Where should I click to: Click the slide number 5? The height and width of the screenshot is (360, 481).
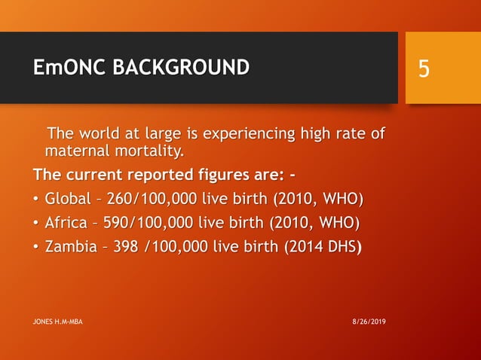pyautogui.click(x=424, y=69)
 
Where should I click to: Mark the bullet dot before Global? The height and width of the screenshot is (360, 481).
pyautogui.click(x=36, y=200)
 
